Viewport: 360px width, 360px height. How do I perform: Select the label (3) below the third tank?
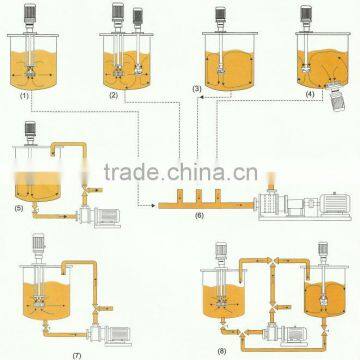196,90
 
